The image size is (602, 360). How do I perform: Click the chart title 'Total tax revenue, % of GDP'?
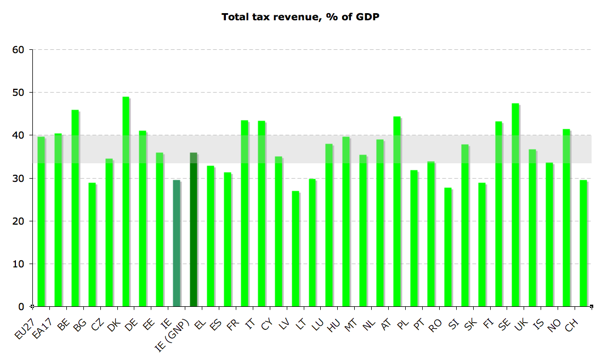[300, 17]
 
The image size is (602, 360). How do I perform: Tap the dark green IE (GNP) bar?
[193, 230]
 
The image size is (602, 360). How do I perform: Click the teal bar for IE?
[177, 243]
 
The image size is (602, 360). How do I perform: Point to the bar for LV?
[295, 249]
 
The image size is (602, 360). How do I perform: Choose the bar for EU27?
[41, 222]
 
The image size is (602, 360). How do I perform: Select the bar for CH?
[583, 243]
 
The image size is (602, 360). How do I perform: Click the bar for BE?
[75, 208]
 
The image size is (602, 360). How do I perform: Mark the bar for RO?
[447, 247]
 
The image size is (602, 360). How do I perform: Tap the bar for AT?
[396, 212]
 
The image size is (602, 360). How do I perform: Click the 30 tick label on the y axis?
[18, 179]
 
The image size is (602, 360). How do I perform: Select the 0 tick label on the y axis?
[21, 307]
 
